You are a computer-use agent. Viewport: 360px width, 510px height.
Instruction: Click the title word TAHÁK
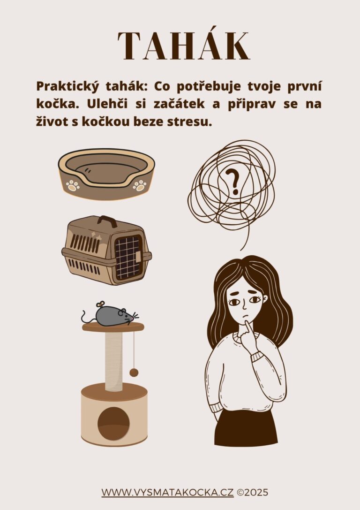[x=184, y=46]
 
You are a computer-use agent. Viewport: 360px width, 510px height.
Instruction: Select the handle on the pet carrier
[x=107, y=221]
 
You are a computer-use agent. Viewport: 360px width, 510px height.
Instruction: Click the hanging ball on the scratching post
[x=134, y=373]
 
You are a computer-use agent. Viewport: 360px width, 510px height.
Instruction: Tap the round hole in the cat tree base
[x=113, y=423]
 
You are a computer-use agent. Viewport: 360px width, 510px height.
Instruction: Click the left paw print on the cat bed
[x=73, y=186]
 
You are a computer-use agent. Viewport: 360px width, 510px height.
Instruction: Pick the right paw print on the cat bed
[x=139, y=185]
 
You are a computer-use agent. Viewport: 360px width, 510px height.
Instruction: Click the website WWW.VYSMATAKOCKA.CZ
[x=168, y=493]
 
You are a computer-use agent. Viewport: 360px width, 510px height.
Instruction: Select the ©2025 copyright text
[x=253, y=493]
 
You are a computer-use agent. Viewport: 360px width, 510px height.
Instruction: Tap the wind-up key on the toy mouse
[x=101, y=304]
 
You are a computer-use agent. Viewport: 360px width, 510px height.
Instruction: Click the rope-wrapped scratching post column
[x=114, y=361]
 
